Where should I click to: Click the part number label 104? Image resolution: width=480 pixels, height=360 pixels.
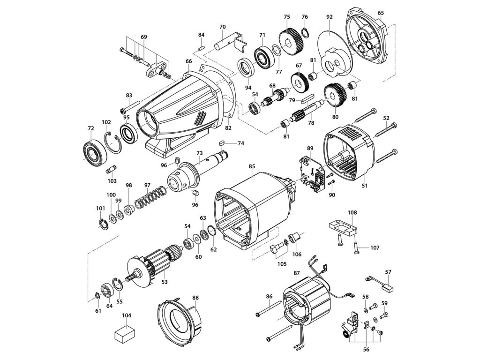[x=127, y=315]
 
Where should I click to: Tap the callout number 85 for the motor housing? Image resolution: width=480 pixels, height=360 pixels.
[x=252, y=167]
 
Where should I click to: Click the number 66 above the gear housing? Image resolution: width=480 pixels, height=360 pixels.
[x=188, y=61]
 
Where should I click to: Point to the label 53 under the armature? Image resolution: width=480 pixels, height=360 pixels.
[x=165, y=282]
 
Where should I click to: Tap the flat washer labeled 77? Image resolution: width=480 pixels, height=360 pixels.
[x=275, y=49]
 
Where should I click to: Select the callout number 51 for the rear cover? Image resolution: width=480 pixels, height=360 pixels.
[x=364, y=186]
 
